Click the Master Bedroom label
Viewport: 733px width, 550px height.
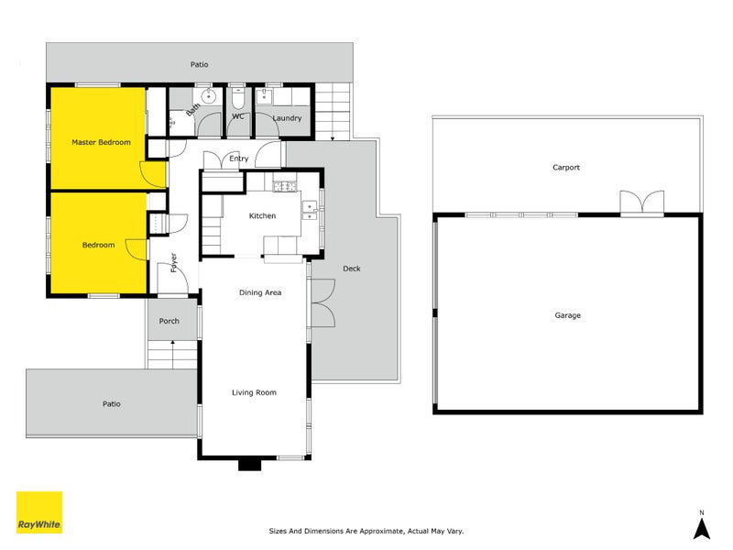coord(101,142)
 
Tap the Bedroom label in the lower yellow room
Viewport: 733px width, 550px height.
coord(98,245)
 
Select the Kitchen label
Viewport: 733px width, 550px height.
coord(263,215)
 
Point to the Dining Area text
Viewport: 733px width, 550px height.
coord(259,292)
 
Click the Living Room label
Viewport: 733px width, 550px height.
coord(253,392)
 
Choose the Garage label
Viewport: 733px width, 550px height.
coord(567,315)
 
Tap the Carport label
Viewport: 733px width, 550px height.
coord(566,168)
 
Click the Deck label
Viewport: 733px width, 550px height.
coord(351,269)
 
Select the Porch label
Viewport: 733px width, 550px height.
coord(170,321)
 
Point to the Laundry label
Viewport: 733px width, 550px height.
coord(287,118)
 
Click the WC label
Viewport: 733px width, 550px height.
coord(237,116)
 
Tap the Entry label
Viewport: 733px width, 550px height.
coord(239,159)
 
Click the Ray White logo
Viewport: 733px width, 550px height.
coord(39,512)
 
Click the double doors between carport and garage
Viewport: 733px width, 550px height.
coord(640,203)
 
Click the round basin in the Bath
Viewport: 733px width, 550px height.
coord(209,94)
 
